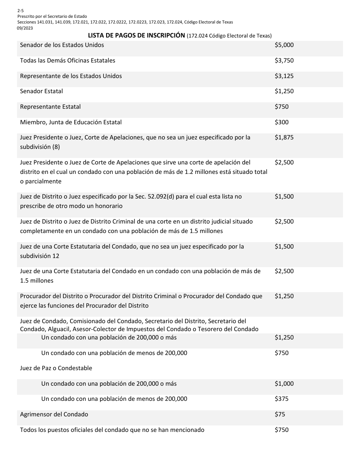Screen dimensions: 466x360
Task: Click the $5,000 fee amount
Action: [x=284, y=45]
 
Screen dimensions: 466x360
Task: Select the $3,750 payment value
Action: [x=284, y=61]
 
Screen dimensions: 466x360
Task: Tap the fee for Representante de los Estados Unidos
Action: [x=284, y=76]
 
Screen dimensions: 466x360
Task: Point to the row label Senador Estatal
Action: [x=41, y=91]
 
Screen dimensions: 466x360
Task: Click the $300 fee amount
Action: [x=282, y=122]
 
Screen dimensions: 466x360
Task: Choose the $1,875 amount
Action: [x=284, y=138]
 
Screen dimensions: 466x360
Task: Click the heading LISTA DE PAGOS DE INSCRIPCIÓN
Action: [x=136, y=36]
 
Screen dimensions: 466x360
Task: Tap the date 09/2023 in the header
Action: [x=24, y=28]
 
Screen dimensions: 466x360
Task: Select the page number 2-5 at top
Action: [x=20, y=11]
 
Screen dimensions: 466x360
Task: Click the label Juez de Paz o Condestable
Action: [x=56, y=368]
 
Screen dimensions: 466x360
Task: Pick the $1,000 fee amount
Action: [x=284, y=384]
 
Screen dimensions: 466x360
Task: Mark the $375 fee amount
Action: [x=282, y=399]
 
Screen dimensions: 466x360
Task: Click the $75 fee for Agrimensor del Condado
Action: [x=280, y=414]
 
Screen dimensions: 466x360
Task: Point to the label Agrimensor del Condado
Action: [x=54, y=414]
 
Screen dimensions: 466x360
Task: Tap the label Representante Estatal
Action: [x=50, y=107]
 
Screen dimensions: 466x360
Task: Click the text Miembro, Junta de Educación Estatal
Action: [x=71, y=122]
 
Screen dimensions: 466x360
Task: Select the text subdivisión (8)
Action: [x=40, y=147]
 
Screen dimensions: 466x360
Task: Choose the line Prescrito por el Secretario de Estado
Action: [x=52, y=16]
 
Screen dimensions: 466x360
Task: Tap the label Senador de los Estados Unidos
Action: [x=62, y=45]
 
